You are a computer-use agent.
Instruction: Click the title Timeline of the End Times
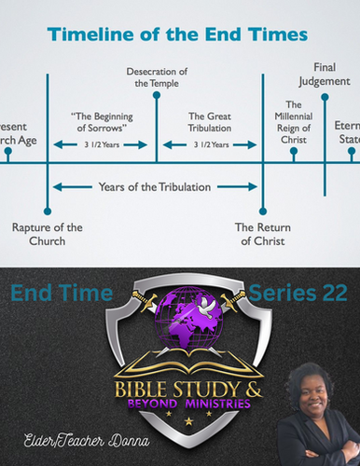click(179, 36)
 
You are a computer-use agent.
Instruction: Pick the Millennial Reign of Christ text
click(294, 123)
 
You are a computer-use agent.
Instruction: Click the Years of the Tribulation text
click(155, 186)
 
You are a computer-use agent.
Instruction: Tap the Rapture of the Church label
click(48, 234)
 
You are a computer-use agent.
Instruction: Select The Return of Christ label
click(264, 234)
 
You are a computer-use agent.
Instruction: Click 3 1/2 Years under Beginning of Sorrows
click(100, 145)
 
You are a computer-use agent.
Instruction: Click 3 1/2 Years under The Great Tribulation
click(210, 145)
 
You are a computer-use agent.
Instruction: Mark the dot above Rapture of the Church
click(48, 211)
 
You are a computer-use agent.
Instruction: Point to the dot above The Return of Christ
click(264, 211)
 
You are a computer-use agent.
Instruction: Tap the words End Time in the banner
click(62, 295)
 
